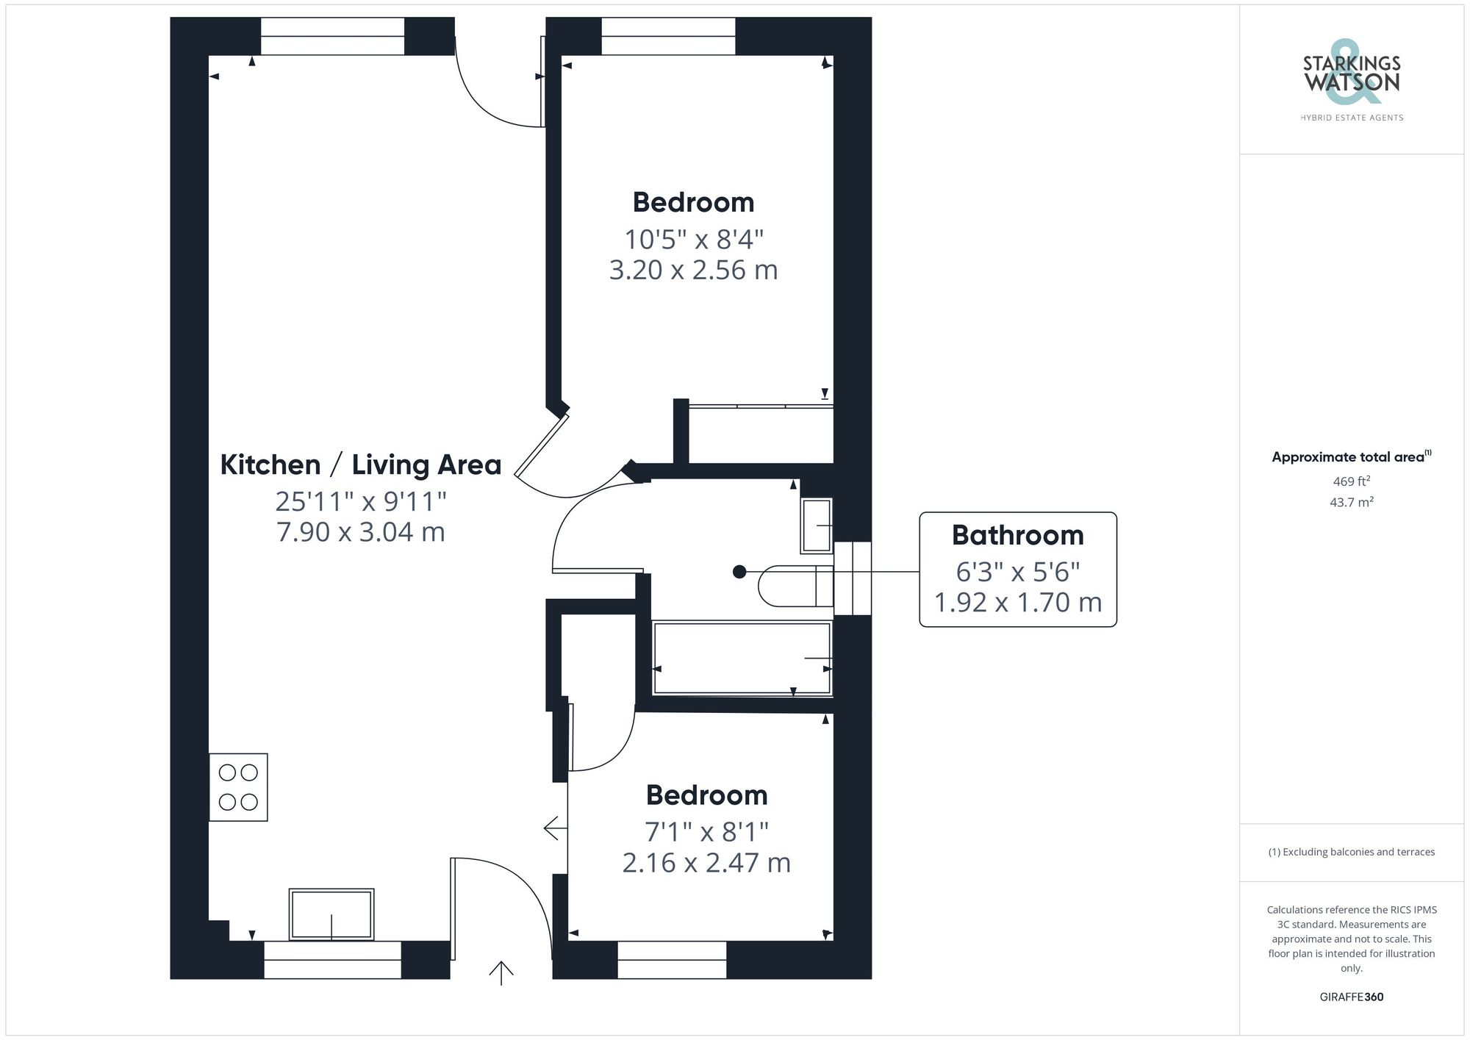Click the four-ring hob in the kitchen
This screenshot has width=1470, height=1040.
(x=238, y=787)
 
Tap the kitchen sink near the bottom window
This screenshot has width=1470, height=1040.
(x=331, y=914)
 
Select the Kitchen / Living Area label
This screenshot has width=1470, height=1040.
(x=361, y=465)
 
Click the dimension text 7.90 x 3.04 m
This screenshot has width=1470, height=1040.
(x=361, y=531)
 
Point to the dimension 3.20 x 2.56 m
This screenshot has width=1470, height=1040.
(x=693, y=270)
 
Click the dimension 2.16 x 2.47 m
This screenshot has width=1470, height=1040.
(x=706, y=862)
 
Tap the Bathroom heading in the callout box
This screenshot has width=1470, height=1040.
(x=1017, y=535)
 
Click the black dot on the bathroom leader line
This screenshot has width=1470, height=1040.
(x=739, y=572)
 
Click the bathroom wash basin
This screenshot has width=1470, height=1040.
(x=817, y=526)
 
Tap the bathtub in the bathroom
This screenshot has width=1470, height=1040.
(x=742, y=658)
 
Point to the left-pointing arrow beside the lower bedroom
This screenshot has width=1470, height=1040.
(x=555, y=828)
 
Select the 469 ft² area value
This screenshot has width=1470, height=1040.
(x=1351, y=481)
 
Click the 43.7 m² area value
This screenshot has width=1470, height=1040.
(x=1351, y=503)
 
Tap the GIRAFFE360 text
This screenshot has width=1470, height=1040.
(x=1351, y=997)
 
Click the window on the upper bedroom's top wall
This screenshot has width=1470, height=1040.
(x=668, y=36)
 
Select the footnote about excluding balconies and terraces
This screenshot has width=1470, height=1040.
(x=1351, y=852)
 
